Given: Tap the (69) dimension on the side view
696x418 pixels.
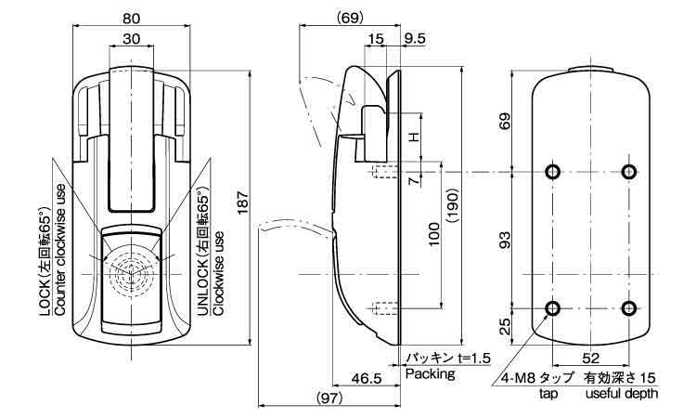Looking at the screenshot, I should [x=349, y=16].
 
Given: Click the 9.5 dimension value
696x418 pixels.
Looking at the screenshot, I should [x=415, y=38].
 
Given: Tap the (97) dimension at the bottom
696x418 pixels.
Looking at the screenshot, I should [x=329, y=398].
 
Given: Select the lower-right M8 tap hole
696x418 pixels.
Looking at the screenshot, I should [x=629, y=309].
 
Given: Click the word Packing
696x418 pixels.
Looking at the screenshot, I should [x=430, y=374].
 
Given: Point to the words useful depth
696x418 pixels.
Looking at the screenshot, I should [x=622, y=393].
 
